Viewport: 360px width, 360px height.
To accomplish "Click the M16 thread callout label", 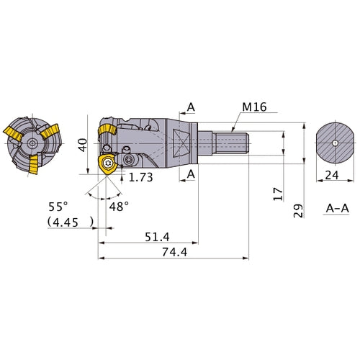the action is pyautogui.click(x=254, y=107).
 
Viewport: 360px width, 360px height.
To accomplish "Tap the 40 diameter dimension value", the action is pyautogui.click(x=83, y=145).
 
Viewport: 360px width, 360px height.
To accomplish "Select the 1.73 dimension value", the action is pyautogui.click(x=140, y=177).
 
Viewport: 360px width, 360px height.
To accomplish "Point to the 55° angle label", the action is pyautogui.click(x=58, y=207).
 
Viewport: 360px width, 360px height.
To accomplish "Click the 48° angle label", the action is pyautogui.click(x=119, y=207).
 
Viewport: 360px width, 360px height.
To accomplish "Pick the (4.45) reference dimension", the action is pyautogui.click(x=71, y=222).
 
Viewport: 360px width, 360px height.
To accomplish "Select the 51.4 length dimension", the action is pyautogui.click(x=157, y=237).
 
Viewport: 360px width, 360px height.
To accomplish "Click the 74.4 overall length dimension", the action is pyautogui.click(x=175, y=252).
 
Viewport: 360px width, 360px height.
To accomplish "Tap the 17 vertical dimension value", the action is pyautogui.click(x=279, y=194).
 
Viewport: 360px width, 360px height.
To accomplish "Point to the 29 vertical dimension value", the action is pyautogui.click(x=298, y=211).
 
